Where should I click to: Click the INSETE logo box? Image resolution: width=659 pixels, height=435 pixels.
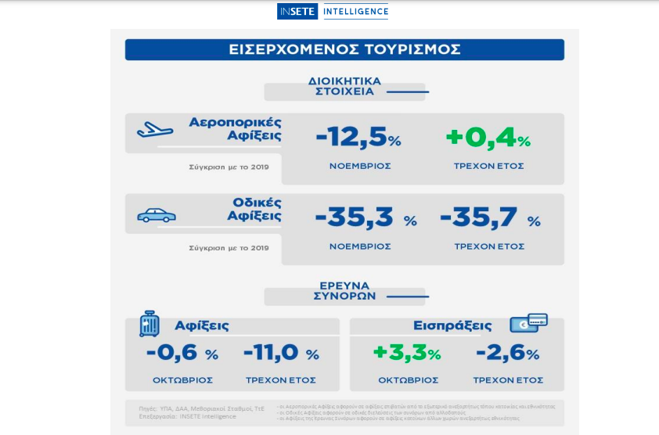(x=297, y=12)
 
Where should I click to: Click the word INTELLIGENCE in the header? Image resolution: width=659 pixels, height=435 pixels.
(x=355, y=12)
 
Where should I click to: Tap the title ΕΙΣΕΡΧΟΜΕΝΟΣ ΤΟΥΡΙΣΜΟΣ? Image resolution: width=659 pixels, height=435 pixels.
(x=344, y=49)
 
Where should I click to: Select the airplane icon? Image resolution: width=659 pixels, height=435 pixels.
(x=155, y=129)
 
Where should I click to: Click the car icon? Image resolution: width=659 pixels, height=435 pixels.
(x=156, y=215)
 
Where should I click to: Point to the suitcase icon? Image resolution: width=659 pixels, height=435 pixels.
(x=149, y=323)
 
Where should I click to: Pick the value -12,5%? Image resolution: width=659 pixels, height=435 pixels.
(x=358, y=139)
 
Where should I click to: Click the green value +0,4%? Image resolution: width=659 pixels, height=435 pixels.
(x=488, y=139)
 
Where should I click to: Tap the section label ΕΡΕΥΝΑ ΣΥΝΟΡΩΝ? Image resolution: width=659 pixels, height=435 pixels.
(x=344, y=291)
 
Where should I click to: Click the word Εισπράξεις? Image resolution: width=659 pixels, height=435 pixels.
(x=452, y=325)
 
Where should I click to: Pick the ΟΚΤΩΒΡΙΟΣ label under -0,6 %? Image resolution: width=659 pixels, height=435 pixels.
(x=182, y=380)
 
